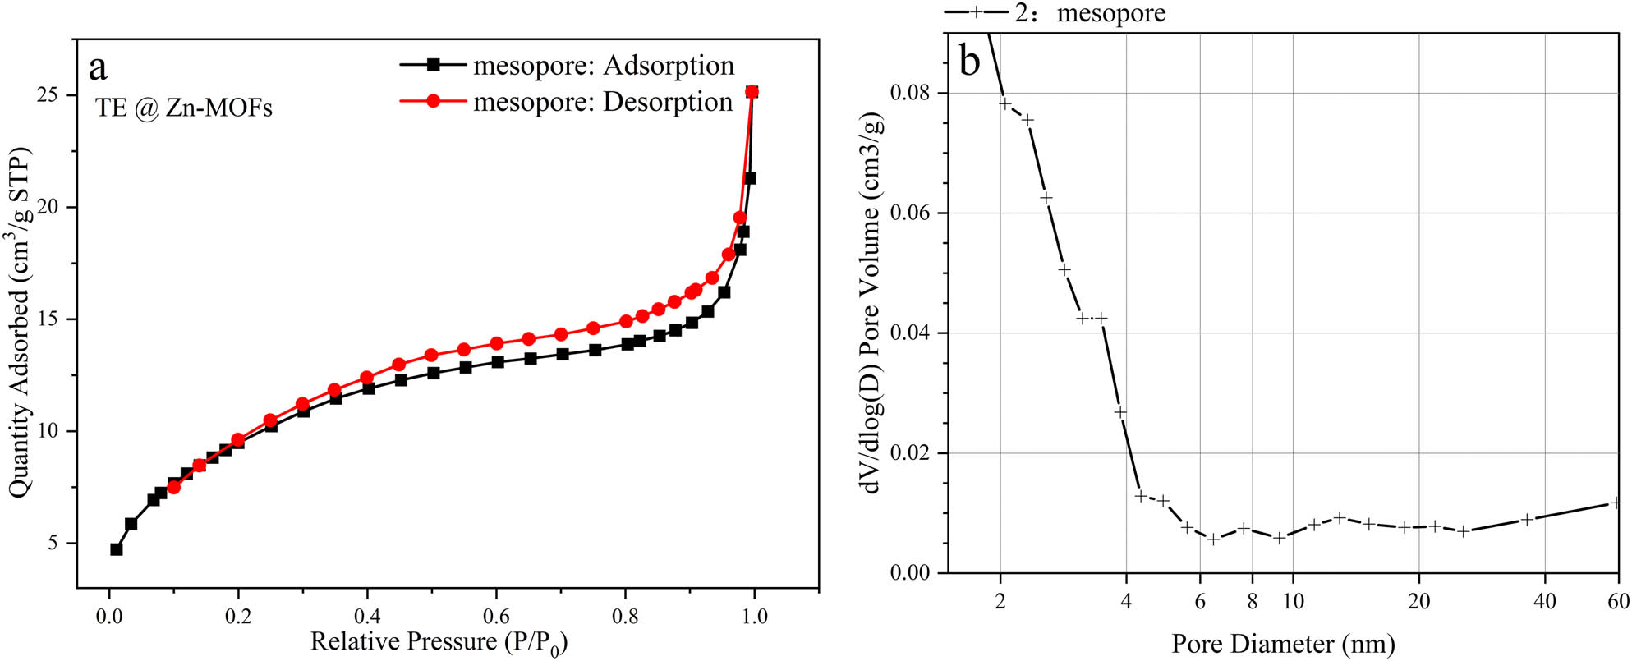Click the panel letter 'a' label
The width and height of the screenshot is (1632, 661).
pos(99,68)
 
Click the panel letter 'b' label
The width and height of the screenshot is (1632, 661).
pos(970,61)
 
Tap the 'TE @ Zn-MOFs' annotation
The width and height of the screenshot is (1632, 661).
pos(184,108)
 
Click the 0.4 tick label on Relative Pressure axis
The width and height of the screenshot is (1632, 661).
pos(367,617)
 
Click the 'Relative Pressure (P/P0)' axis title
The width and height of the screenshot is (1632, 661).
pos(439,642)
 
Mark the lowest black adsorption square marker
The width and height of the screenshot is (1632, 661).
pos(117,549)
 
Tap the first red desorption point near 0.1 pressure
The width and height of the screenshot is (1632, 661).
pos(173,487)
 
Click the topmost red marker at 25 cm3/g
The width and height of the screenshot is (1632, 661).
pos(752,92)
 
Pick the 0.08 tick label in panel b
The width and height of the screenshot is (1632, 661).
pos(911,93)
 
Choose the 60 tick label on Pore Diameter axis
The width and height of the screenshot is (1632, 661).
pos(1618,601)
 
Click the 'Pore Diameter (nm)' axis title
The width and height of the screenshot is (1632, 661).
pos(1283,644)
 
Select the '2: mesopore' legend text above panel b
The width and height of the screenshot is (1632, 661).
pos(1090,13)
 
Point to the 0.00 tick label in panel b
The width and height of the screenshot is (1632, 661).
pos(911,572)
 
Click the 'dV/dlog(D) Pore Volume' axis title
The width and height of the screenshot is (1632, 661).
pos(872,304)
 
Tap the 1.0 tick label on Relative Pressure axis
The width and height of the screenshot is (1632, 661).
pos(754,617)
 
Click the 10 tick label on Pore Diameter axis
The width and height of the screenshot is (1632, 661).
pos(1293,601)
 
